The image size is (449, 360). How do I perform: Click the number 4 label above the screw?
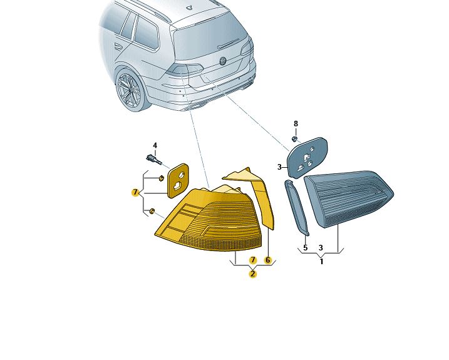pyautogui.click(x=155, y=145)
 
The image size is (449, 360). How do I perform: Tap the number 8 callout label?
pyautogui.click(x=296, y=124)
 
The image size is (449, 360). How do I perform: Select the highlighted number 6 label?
pyautogui.click(x=268, y=260)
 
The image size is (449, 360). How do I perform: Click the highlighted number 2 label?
pyautogui.click(x=252, y=274)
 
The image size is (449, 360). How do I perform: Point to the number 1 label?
pyautogui.click(x=321, y=262)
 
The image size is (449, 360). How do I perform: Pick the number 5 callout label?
pyautogui.click(x=305, y=248)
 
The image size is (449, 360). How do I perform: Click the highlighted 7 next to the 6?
pyautogui.click(x=253, y=260)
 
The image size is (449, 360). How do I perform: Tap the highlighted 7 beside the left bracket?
pyautogui.click(x=135, y=192)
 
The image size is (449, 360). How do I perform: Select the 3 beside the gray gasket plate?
pyautogui.click(x=279, y=167)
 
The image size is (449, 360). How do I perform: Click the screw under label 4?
pyautogui.click(x=154, y=160)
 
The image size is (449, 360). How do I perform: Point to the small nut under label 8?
pyautogui.click(x=294, y=139)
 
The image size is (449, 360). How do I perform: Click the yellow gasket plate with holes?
pyautogui.click(x=178, y=181)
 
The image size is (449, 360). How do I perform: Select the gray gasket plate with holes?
pyautogui.click(x=306, y=158)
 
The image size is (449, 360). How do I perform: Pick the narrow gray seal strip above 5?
pyautogui.click(x=297, y=207)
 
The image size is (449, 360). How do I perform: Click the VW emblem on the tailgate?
pyautogui.click(x=223, y=61)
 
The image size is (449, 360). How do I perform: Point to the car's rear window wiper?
pyautogui.click(x=229, y=44)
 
